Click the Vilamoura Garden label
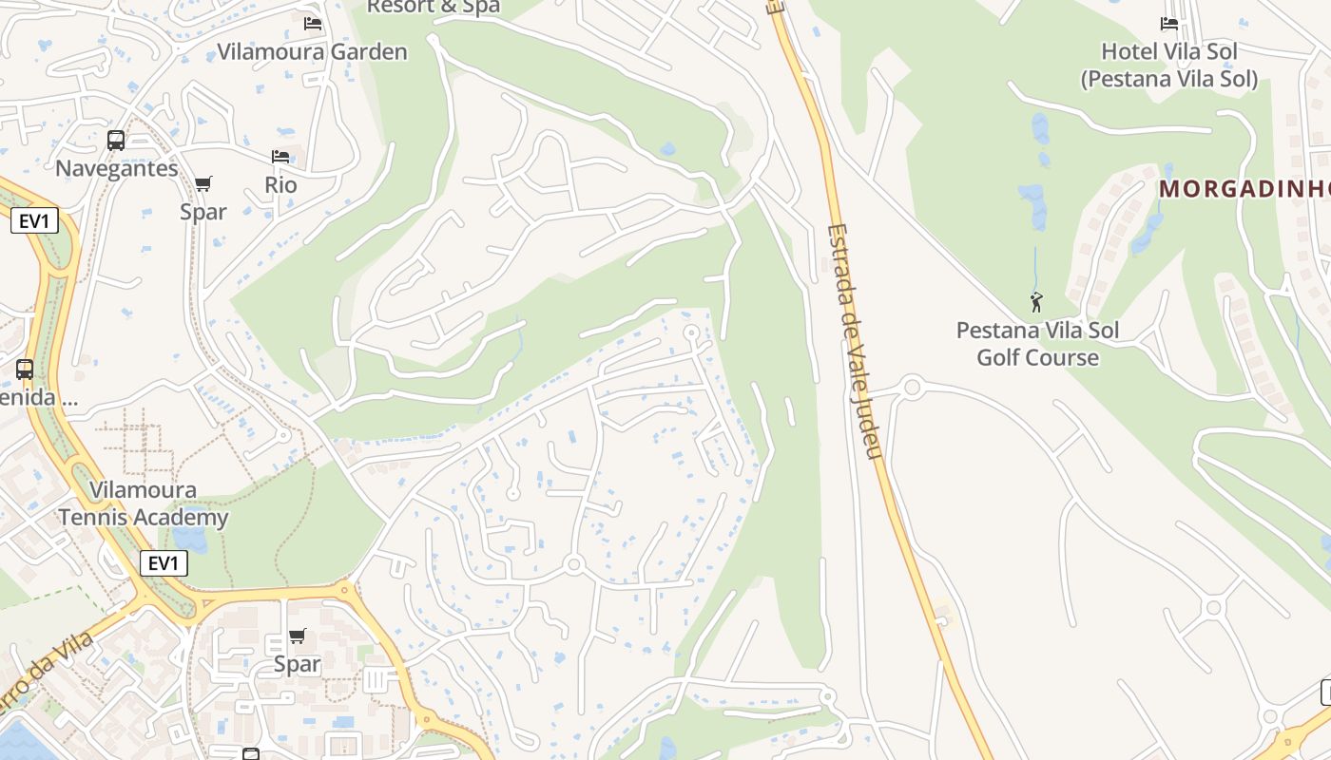click(312, 52)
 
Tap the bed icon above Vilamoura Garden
click(313, 23)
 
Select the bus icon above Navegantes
click(116, 141)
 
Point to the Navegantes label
click(116, 168)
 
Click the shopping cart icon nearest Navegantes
click(203, 183)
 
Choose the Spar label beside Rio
click(203, 211)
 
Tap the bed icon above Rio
click(280, 156)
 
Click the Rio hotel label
click(280, 184)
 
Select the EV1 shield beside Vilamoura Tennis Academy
click(164, 563)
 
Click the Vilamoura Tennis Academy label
click(144, 503)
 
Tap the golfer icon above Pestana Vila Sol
click(1036, 303)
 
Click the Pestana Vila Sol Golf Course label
click(1037, 344)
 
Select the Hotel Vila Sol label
click(1168, 65)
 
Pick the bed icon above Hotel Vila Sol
click(1169, 23)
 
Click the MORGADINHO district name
click(1244, 189)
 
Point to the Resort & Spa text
click(433, 8)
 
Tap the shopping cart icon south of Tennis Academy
click(298, 636)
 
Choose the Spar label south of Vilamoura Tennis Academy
click(298, 664)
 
